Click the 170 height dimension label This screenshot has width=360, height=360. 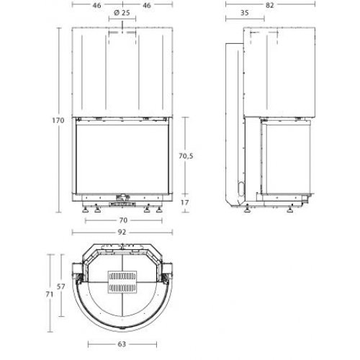coord(58,120)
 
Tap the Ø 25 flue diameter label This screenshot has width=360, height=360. coord(122,13)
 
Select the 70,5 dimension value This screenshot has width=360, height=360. coord(186,156)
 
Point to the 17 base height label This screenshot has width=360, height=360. coord(185,202)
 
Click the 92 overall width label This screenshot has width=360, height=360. coord(122,233)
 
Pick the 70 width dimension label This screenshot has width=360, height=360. coord(123,220)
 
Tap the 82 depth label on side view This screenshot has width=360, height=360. coord(270,5)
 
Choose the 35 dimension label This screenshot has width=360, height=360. coord(245,13)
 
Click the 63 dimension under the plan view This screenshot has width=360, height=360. coord(122,344)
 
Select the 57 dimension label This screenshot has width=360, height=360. coord(61,287)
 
